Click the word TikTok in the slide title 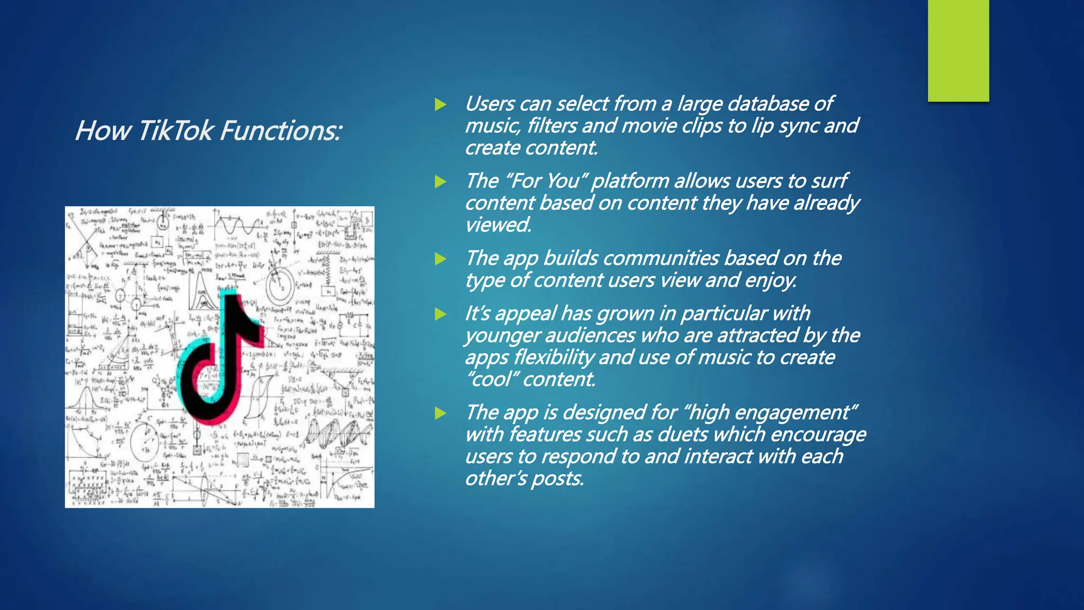175,130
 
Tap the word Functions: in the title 281,130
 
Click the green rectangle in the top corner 958,51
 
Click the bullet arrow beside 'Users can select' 440,104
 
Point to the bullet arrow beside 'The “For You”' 440,182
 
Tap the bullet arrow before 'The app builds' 440,259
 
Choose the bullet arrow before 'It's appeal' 440,314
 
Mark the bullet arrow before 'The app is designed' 440,413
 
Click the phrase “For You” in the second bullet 546,181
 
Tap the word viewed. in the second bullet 498,225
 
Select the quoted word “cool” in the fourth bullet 491,380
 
